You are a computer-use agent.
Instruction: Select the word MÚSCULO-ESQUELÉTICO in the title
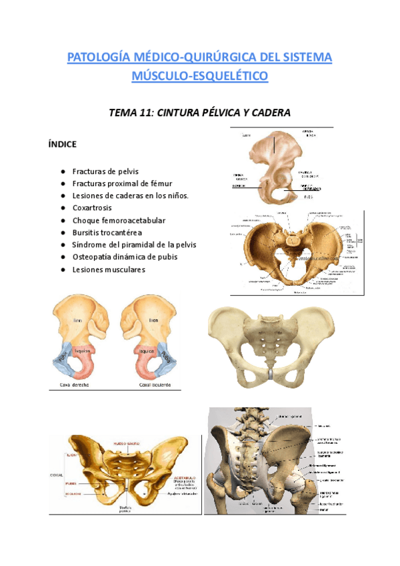click(200, 76)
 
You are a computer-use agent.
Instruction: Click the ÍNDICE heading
click(63, 144)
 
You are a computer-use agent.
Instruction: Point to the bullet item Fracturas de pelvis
click(105, 172)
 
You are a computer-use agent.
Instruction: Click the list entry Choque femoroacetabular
click(119, 220)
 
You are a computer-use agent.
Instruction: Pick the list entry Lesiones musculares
click(108, 270)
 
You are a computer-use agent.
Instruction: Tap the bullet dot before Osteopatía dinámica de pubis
click(62, 257)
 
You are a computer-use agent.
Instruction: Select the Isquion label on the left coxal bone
click(84, 349)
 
